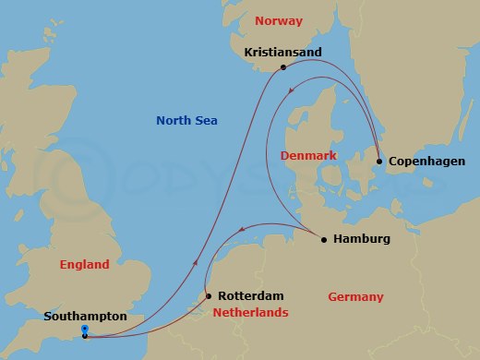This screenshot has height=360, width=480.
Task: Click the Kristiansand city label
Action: (x=282, y=53)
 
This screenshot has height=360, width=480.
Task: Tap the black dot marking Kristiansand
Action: (x=282, y=67)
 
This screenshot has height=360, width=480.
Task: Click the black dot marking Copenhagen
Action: (x=379, y=162)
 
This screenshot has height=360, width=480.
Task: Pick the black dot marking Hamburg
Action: (x=323, y=240)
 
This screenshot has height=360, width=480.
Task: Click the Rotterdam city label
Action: (x=250, y=296)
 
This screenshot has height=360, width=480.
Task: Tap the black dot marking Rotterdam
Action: (x=209, y=296)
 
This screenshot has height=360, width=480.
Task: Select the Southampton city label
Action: (x=85, y=317)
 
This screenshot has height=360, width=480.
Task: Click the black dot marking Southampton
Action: (x=84, y=336)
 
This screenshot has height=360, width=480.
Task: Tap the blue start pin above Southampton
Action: (x=84, y=328)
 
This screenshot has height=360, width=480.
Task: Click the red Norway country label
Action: (x=278, y=20)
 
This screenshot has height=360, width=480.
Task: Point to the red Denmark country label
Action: (x=308, y=155)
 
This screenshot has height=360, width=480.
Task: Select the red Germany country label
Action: (x=355, y=296)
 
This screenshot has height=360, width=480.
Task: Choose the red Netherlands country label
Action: (x=250, y=313)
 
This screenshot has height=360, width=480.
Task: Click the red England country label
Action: (x=84, y=264)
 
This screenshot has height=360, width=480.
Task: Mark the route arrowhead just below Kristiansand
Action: (x=291, y=90)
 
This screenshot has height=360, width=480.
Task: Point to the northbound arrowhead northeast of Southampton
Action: (x=197, y=263)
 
